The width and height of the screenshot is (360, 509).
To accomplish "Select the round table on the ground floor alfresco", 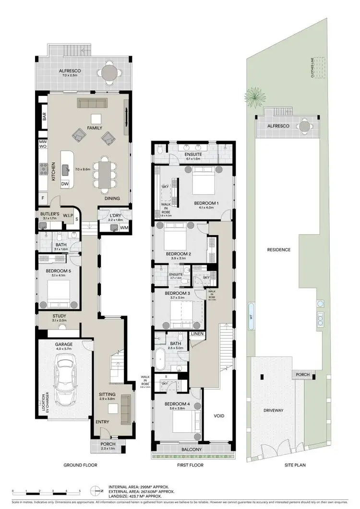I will coord(111,73).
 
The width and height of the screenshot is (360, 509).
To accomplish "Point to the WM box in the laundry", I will coord(123,227).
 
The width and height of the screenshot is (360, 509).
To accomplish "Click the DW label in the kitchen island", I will coord(65,184).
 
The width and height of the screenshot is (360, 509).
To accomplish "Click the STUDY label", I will coord(60,316).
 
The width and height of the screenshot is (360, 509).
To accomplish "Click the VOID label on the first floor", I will coord(219,415).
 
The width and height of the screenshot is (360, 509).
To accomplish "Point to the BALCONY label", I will coord(192,450).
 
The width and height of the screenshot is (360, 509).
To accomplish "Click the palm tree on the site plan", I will coord(254,98).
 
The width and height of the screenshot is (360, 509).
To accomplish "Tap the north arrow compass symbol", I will coord(98,490).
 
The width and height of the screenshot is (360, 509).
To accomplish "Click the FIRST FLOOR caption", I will coord(190,465).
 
